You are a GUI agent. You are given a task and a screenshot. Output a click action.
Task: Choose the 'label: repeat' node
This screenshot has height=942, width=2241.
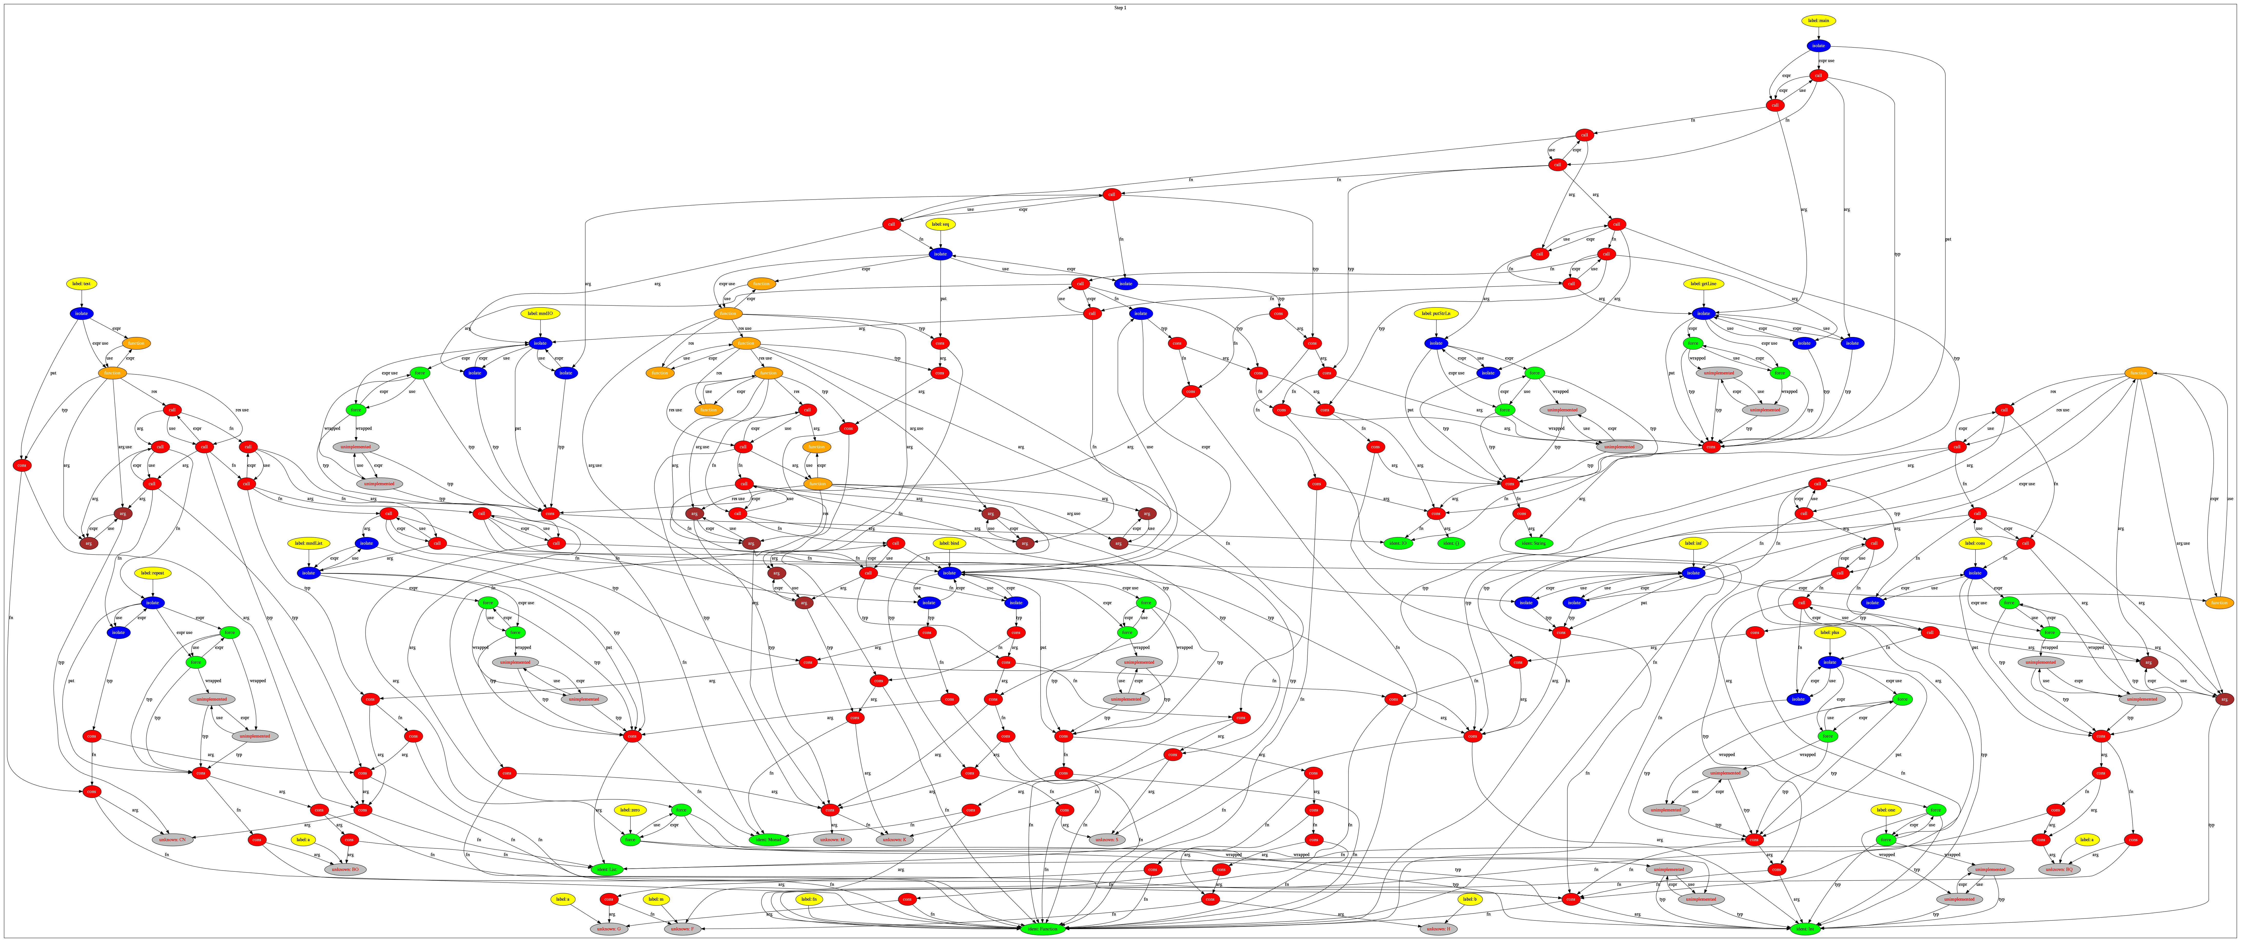tap(153, 573)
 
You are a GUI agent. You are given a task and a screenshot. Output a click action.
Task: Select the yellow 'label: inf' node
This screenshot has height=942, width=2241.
tap(1692, 543)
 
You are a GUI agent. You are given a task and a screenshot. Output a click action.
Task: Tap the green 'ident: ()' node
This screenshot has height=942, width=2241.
tap(1452, 543)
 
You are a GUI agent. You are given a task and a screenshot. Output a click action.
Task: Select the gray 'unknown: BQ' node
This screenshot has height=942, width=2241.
tap(2057, 869)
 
